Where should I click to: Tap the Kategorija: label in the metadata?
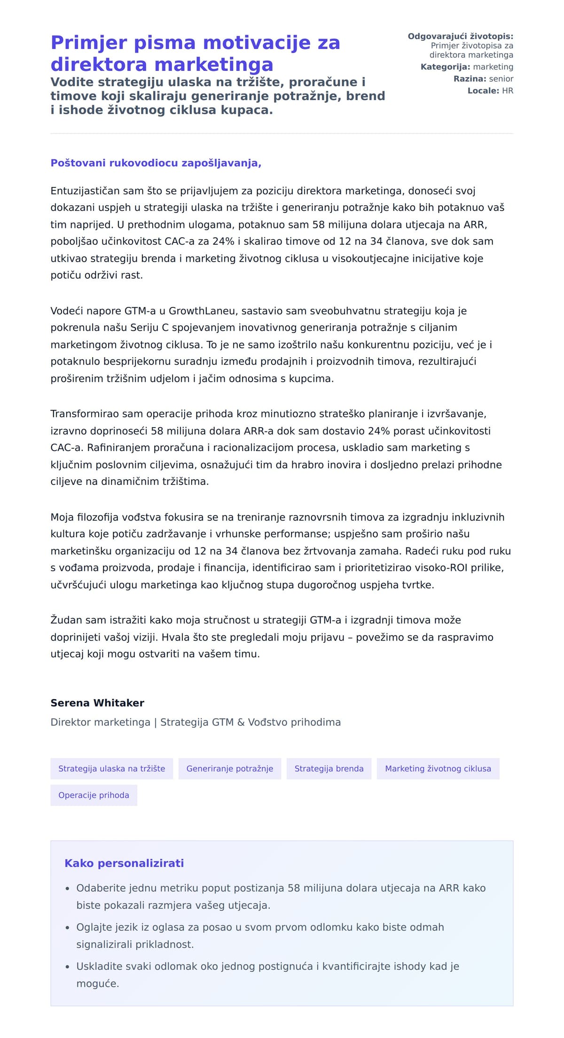[x=445, y=67]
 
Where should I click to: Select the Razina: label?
[x=470, y=79]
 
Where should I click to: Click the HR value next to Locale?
[x=508, y=91]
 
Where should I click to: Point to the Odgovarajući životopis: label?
[x=460, y=37]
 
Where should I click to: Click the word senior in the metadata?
[x=501, y=79]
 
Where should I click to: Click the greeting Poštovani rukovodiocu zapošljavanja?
[x=156, y=163]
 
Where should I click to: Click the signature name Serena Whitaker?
[x=97, y=703]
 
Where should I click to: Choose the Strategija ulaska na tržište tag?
[x=111, y=769]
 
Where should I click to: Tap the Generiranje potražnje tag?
[x=229, y=769]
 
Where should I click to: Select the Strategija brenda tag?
[x=329, y=769]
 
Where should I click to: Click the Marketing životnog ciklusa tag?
[x=438, y=769]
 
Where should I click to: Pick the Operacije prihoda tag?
[x=94, y=795]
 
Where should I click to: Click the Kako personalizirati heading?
[x=124, y=863]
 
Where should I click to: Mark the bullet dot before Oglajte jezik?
[x=68, y=928]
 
